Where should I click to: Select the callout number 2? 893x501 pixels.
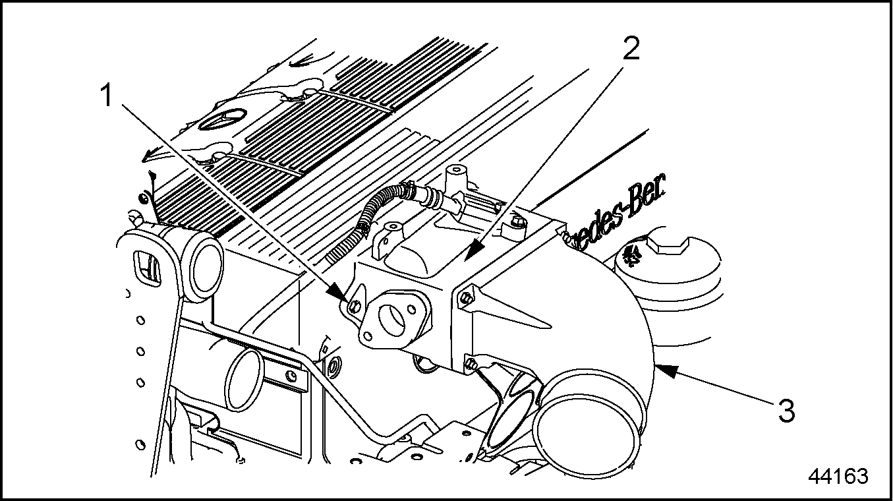click(x=631, y=49)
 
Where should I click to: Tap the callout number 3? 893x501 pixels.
click(x=785, y=411)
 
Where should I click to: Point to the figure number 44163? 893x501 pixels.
click(x=838, y=476)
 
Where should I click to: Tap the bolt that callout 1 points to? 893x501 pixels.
click(x=354, y=306)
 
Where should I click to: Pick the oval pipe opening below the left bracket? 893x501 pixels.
click(x=245, y=380)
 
